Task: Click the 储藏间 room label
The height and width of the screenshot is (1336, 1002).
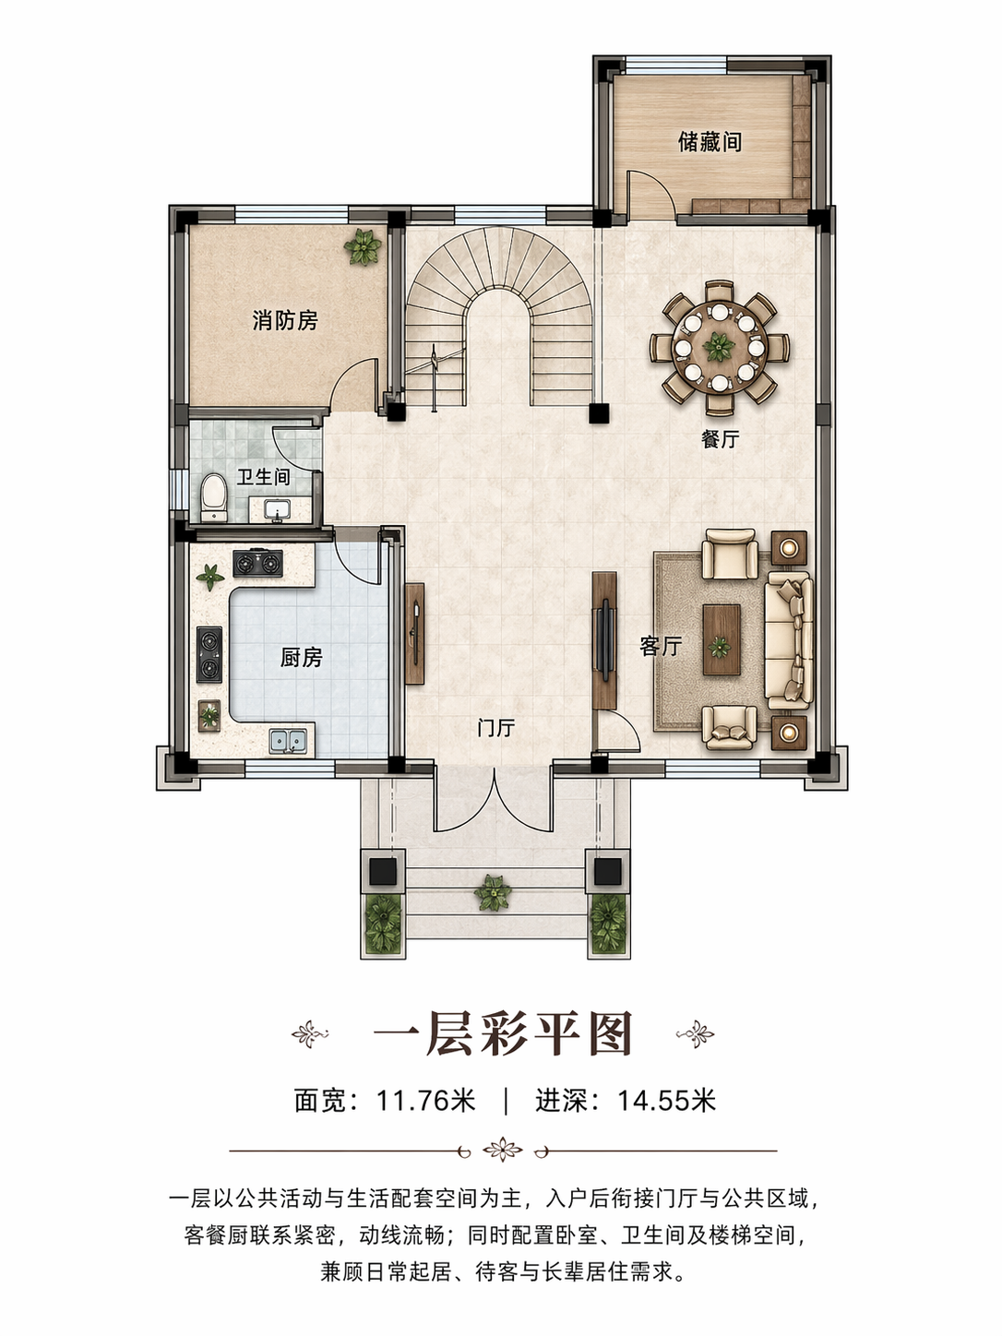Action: click(x=710, y=142)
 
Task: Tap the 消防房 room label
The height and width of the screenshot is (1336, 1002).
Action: click(x=285, y=320)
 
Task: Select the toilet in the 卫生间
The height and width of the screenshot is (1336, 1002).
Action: click(x=213, y=498)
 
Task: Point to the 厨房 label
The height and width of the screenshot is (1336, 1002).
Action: click(x=301, y=657)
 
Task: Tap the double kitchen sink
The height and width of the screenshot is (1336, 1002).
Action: click(x=288, y=741)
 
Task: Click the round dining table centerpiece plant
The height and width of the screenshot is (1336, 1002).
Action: click(x=719, y=347)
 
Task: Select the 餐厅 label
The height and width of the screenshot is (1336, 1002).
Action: click(x=721, y=438)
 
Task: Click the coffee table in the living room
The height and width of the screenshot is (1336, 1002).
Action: click(x=722, y=639)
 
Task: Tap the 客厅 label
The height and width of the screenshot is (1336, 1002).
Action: click(x=661, y=647)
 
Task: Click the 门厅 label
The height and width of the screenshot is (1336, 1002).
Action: click(x=496, y=728)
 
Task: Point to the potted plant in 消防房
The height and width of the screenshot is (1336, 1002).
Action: click(x=363, y=246)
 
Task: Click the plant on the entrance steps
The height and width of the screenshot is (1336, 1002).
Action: click(x=493, y=892)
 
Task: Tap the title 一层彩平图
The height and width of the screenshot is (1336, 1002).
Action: click(x=503, y=1033)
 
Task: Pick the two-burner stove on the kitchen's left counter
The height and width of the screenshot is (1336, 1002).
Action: click(x=209, y=654)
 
